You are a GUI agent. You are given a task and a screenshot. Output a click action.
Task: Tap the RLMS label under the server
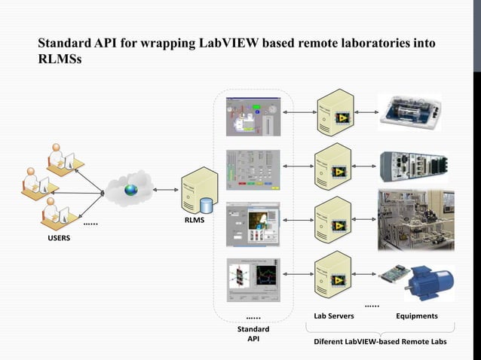[x=195, y=221]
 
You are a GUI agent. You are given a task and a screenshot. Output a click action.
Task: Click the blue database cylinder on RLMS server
[x=207, y=204]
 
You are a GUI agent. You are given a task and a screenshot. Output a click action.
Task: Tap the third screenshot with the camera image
[x=253, y=224]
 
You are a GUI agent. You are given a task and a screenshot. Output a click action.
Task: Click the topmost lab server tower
[x=333, y=113]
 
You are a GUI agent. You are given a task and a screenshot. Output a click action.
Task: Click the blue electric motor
[x=429, y=285]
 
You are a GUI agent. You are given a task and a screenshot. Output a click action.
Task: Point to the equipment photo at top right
[x=415, y=114]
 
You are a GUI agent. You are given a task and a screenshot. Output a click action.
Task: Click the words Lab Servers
[x=334, y=316]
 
